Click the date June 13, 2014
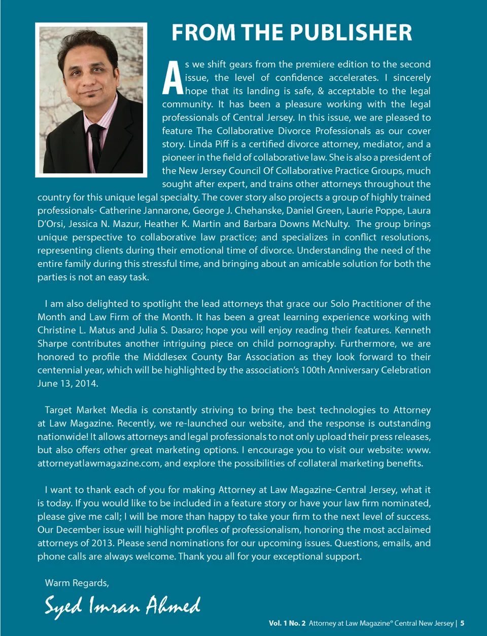[67, 383]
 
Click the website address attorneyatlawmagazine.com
[99, 463]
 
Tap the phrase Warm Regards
[77, 583]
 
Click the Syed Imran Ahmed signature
[122, 605]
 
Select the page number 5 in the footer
[463, 623]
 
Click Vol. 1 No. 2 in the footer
[287, 623]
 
